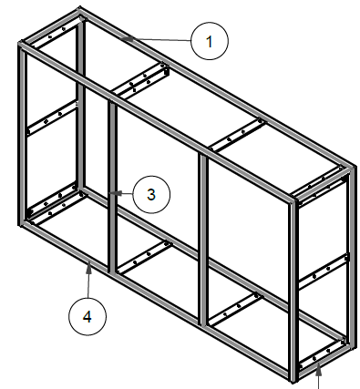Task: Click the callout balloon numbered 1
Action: coord(210,41)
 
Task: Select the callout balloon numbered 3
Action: coord(151,194)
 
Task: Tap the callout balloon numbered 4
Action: coord(87,317)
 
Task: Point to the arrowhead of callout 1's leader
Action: coord(126,38)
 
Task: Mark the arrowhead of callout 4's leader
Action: coord(88,267)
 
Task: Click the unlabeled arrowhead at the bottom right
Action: coord(318,371)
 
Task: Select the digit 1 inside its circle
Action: coord(209,41)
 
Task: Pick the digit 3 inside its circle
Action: coord(151,195)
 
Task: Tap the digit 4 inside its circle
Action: coord(87,317)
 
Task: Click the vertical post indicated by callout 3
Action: coord(112,188)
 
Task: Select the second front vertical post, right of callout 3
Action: coord(203,240)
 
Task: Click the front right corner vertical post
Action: coord(293,291)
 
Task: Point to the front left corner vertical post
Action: coord(22,135)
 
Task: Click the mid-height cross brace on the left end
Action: coord(52,118)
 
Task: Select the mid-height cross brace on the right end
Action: coord(324,271)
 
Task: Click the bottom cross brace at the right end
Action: coord(323,354)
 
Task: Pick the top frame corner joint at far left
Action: coord(21,45)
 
